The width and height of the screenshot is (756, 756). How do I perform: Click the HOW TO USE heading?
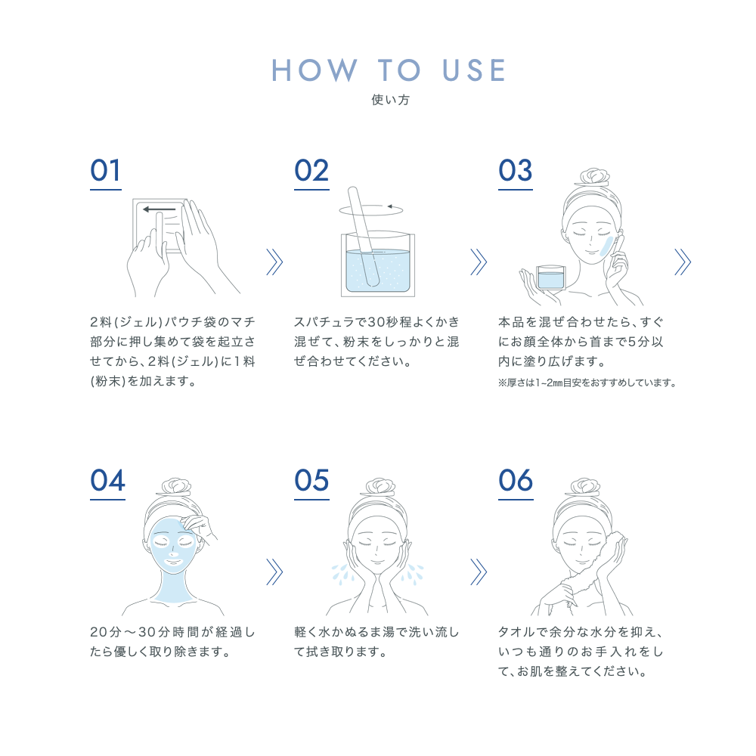(389, 70)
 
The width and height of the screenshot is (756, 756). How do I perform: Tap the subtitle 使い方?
(390, 100)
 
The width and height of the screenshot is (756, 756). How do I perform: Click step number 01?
(105, 171)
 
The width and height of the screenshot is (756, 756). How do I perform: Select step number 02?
(311, 171)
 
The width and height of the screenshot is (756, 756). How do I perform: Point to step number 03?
(516, 171)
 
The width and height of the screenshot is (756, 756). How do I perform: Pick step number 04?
(107, 480)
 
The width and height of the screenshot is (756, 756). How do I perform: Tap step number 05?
(311, 480)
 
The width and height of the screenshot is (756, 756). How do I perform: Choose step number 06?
(516, 480)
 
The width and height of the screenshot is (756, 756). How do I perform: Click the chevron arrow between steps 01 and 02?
(274, 262)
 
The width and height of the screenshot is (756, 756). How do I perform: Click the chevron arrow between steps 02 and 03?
(479, 262)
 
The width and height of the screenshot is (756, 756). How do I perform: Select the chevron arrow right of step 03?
(683, 262)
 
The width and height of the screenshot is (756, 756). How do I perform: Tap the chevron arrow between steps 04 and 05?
(274, 572)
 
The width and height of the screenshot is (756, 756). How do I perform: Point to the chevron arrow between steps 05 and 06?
(479, 572)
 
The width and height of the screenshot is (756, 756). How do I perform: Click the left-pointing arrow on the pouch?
(160, 209)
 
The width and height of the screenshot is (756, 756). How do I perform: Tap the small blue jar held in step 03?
(550, 277)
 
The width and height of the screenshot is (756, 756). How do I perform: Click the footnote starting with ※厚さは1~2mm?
(587, 383)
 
